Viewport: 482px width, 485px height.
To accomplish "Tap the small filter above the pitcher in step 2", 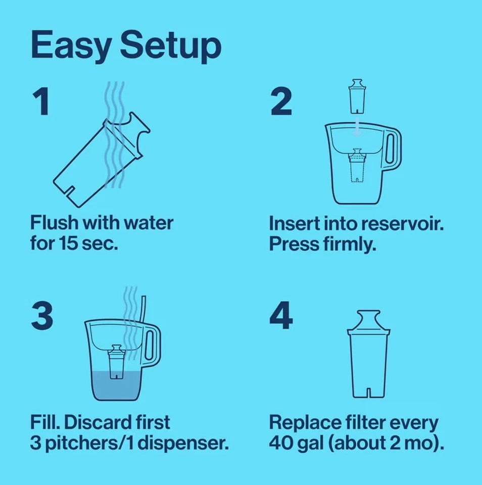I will point(357,96).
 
